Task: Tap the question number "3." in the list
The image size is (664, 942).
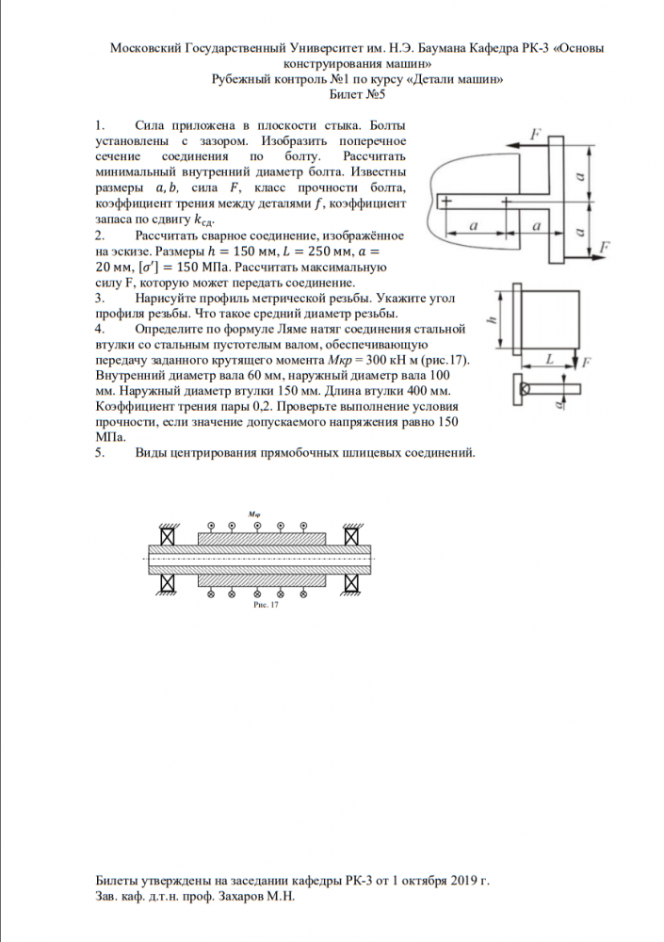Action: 101,298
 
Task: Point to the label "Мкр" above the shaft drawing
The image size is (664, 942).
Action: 253,514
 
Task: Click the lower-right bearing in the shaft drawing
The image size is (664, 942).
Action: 352,583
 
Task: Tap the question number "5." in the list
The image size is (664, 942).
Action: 101,453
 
